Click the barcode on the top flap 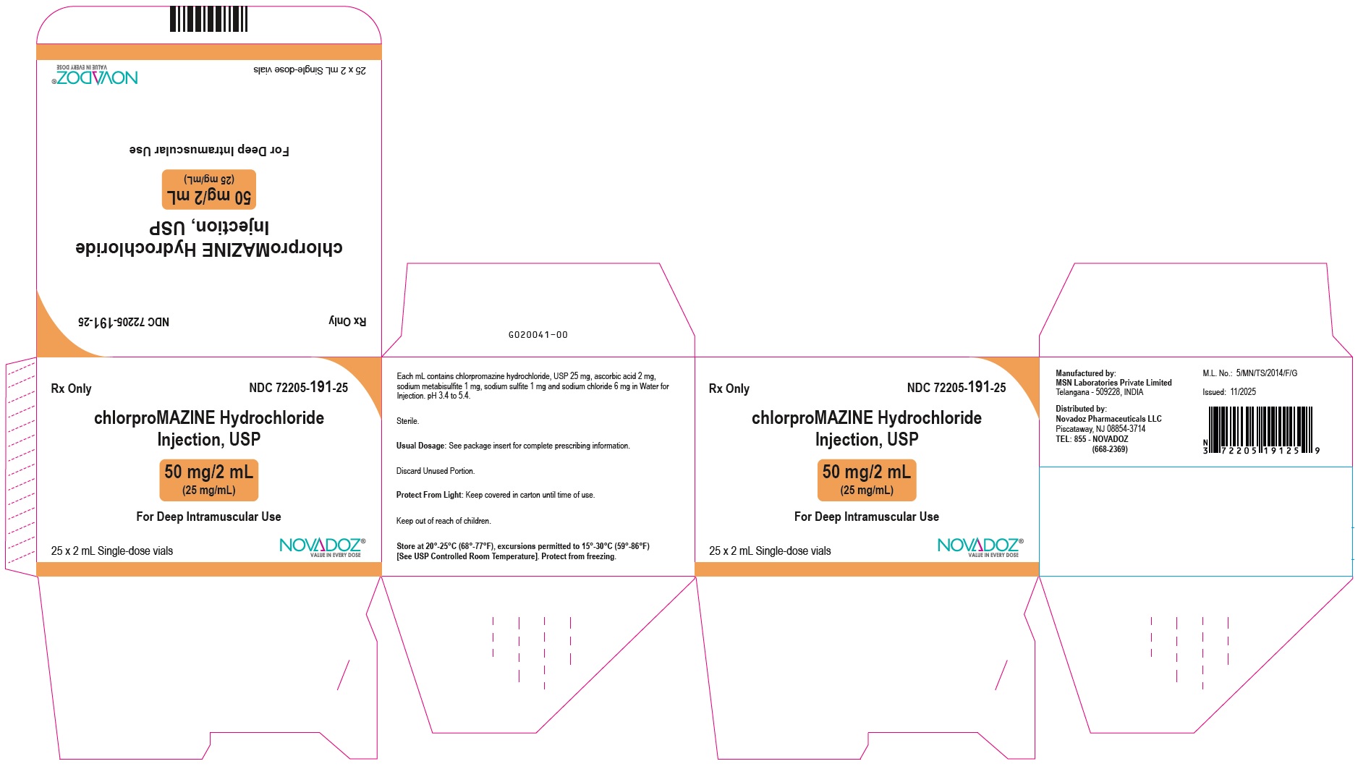point(208,20)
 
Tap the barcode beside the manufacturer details point(1260,429)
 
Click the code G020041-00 point(538,335)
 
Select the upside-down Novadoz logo point(95,75)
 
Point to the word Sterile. point(407,421)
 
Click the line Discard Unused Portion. point(436,471)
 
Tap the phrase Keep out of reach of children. point(444,521)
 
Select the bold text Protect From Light point(429,496)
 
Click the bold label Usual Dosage point(420,446)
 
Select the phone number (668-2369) point(1110,449)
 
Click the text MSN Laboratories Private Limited point(1113,383)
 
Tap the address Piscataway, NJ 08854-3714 point(1100,429)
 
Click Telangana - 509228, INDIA point(1099,392)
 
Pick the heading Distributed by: point(1081,409)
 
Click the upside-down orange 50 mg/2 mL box point(208,190)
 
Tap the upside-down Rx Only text point(347,321)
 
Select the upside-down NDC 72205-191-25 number point(124,322)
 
